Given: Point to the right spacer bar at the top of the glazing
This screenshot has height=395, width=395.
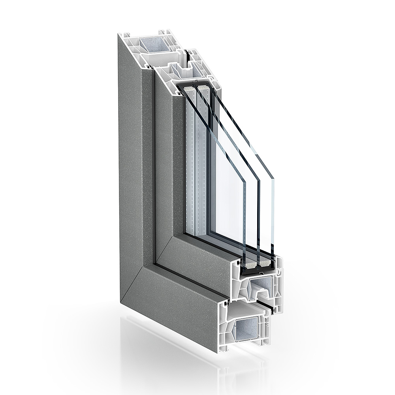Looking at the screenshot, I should [202, 87].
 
